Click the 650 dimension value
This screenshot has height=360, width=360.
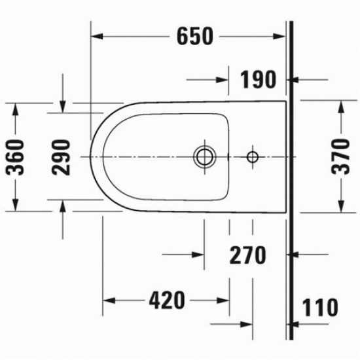[x=194, y=37]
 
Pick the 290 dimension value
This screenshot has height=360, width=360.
[x=62, y=157]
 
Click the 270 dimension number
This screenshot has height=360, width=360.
[x=247, y=255]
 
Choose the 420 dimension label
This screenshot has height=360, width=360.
[x=165, y=301]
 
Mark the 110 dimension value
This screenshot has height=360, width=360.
[x=319, y=306]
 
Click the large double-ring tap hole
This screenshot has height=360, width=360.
[x=205, y=156]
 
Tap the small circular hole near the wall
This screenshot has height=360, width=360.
[x=253, y=156]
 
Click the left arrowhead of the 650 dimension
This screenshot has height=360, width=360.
[x=94, y=37]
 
